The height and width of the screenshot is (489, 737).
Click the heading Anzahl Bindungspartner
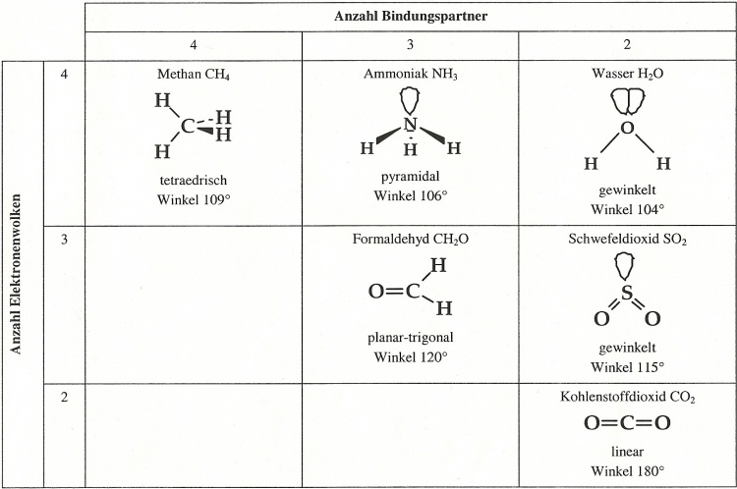(x=411, y=17)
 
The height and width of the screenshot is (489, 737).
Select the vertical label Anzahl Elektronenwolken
(x=17, y=274)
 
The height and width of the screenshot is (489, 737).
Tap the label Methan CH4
(x=194, y=75)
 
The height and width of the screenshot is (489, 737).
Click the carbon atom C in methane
(x=188, y=126)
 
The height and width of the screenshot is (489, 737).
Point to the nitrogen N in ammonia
(x=411, y=125)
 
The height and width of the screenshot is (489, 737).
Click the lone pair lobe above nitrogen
(x=410, y=100)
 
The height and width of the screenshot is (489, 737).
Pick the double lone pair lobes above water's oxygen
(x=628, y=102)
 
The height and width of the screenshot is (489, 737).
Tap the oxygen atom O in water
(x=627, y=128)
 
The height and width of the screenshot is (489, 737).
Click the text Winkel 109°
(x=194, y=199)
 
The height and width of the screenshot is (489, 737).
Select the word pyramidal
(x=411, y=177)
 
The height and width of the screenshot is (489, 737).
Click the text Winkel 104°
(x=627, y=209)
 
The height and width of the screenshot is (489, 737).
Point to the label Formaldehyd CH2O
(x=411, y=239)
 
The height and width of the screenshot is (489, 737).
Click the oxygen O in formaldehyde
(x=376, y=292)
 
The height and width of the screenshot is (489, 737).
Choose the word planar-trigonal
(x=411, y=338)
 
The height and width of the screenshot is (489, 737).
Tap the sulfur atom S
(x=627, y=293)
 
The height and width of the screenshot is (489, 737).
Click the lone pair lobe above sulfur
(x=625, y=266)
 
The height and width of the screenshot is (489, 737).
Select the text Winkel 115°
(x=627, y=367)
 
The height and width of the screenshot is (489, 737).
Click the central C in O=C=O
(x=628, y=423)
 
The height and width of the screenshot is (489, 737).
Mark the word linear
(x=627, y=452)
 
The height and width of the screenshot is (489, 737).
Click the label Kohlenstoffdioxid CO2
(x=627, y=397)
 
